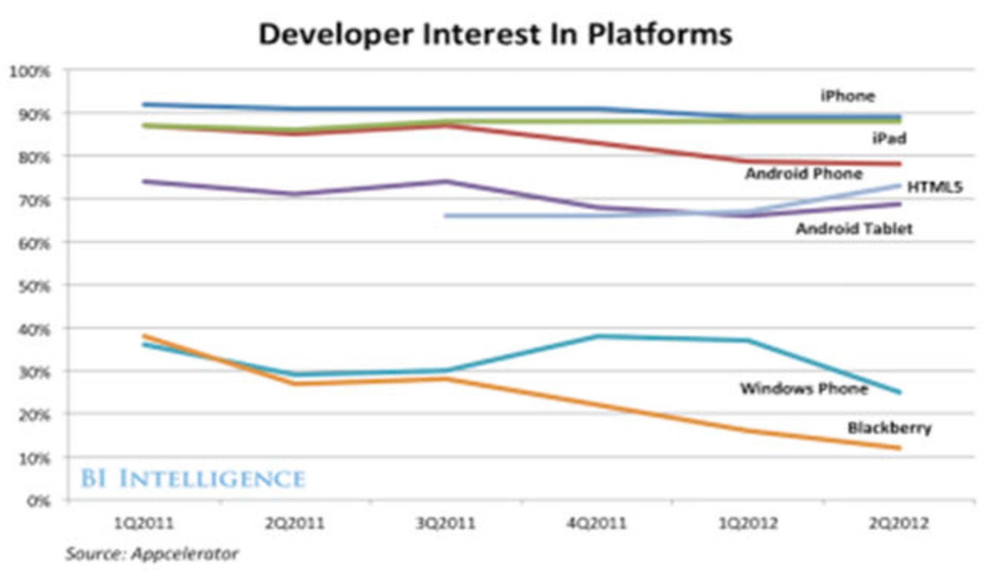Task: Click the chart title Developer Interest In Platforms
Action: click(495, 34)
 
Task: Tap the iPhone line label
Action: click(848, 96)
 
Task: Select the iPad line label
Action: click(889, 138)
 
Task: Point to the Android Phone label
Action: click(803, 173)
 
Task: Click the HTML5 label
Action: click(934, 187)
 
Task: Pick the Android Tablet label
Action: click(854, 228)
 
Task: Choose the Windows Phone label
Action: click(803, 388)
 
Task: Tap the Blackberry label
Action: click(889, 428)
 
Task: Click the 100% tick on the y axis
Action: click(30, 72)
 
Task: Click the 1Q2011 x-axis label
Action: click(144, 524)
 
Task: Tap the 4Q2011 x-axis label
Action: click(597, 524)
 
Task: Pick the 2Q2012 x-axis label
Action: click(898, 524)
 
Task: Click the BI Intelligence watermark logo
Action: click(193, 479)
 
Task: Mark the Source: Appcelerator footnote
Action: click(152, 554)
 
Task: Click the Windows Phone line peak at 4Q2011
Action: click(598, 336)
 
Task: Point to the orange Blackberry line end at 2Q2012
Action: click(899, 448)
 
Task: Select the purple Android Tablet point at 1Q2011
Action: click(145, 181)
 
